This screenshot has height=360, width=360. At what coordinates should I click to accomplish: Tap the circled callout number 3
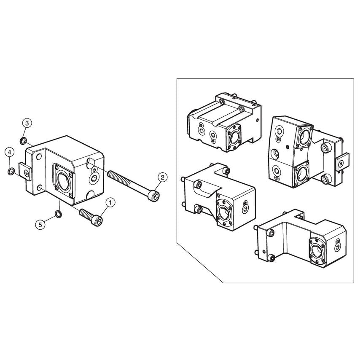pos(27,123)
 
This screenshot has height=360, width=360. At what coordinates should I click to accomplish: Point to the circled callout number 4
pos(10,152)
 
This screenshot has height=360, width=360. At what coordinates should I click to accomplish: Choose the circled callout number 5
pos(40,225)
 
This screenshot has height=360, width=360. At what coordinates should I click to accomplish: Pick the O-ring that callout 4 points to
pos(11,171)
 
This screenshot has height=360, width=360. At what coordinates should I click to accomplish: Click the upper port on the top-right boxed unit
pos(305,136)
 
